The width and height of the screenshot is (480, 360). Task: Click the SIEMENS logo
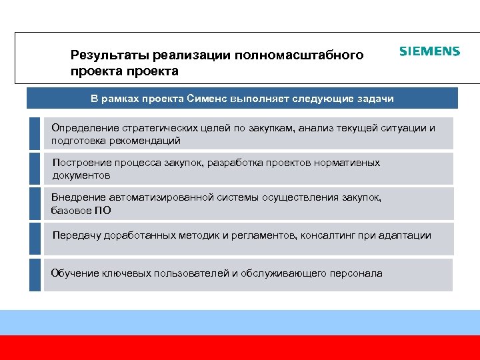(429, 51)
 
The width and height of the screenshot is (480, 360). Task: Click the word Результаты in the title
(109, 55)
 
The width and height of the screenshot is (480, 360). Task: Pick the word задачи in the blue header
(375, 99)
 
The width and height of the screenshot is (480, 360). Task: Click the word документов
(81, 176)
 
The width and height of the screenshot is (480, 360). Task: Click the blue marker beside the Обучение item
(35, 275)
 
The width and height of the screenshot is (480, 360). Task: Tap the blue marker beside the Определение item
(35, 133)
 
